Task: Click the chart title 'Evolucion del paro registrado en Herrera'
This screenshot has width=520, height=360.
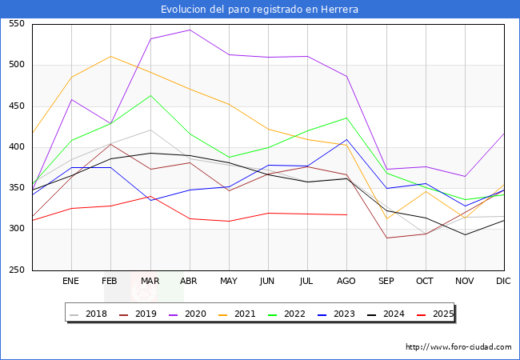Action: tap(259, 10)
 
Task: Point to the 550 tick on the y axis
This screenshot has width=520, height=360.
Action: tap(16, 24)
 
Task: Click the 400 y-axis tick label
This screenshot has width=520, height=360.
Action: tap(16, 147)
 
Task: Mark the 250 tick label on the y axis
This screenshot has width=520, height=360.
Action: tap(16, 270)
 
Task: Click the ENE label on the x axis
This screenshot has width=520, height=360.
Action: tap(71, 282)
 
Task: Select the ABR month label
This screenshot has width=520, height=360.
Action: tap(189, 282)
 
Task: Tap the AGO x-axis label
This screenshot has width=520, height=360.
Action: tap(346, 282)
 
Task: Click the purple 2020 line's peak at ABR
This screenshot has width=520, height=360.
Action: tap(189, 30)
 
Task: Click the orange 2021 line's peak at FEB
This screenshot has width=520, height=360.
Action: tap(110, 56)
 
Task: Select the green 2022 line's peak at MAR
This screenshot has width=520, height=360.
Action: tap(150, 95)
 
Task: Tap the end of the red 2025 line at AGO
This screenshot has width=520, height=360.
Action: tap(346, 214)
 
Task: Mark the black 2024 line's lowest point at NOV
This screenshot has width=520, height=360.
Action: tap(465, 234)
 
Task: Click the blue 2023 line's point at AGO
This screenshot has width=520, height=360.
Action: tap(346, 139)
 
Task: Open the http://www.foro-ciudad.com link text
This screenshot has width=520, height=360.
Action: tap(458, 347)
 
